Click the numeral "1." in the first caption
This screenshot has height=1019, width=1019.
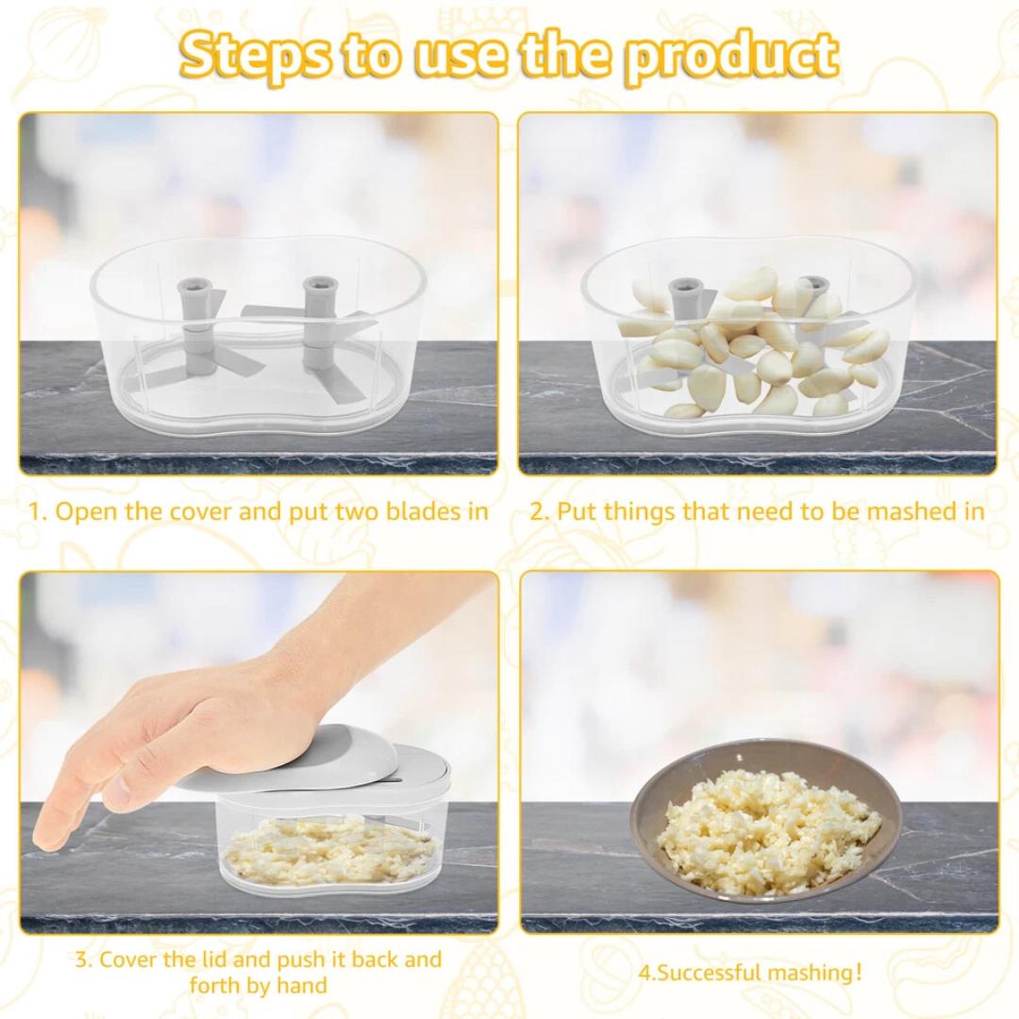(x=39, y=511)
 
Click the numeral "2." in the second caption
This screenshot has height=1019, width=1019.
(x=541, y=512)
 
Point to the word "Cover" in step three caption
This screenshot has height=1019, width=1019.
(x=129, y=960)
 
